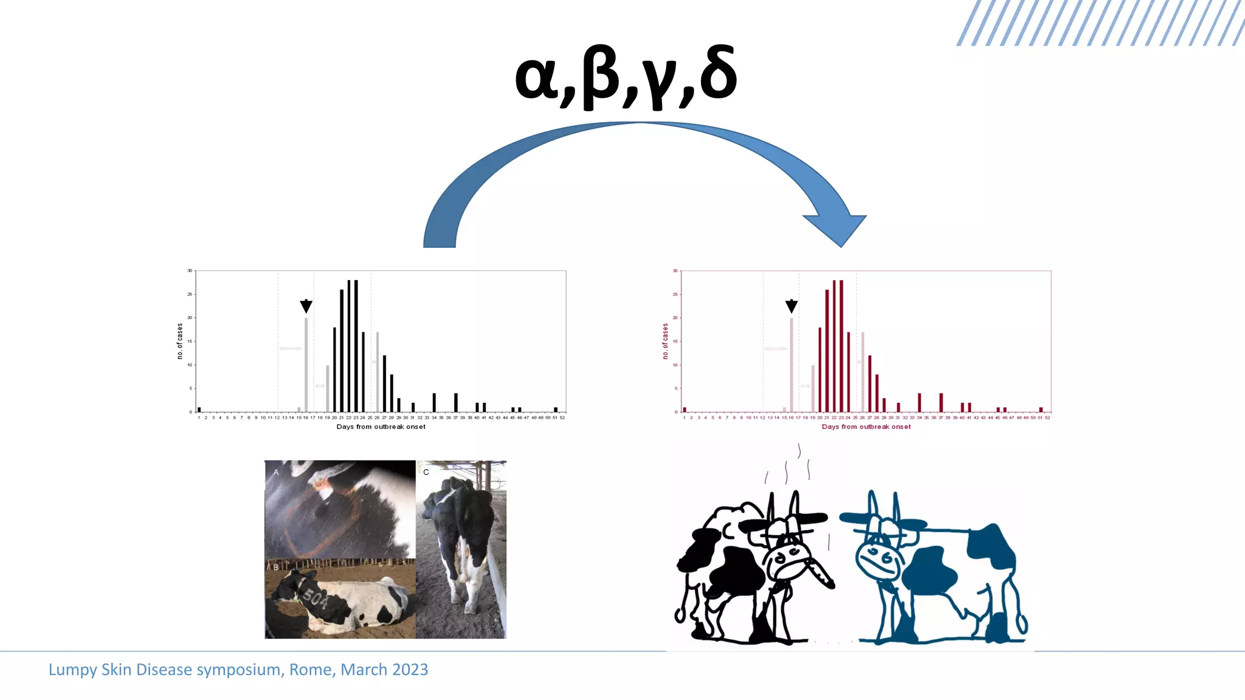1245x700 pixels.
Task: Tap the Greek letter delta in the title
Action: pyautogui.click(x=718, y=74)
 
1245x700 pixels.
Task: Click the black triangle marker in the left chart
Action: pyautogui.click(x=306, y=306)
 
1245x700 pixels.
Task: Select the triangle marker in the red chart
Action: pyautogui.click(x=791, y=306)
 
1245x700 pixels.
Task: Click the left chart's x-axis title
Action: pyautogui.click(x=381, y=427)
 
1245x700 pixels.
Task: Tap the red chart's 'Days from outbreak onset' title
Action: pyautogui.click(x=866, y=427)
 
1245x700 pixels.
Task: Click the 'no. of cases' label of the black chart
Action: pyautogui.click(x=180, y=341)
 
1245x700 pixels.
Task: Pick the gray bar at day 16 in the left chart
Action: pyautogui.click(x=306, y=365)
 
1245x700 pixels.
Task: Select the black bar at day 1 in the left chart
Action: pyautogui.click(x=199, y=410)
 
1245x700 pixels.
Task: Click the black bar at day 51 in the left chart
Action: pyautogui.click(x=556, y=410)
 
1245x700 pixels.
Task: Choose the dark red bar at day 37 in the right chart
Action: pyautogui.click(x=941, y=402)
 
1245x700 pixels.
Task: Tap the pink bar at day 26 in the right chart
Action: pyautogui.click(x=863, y=372)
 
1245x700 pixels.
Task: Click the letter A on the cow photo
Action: pyautogui.click(x=276, y=472)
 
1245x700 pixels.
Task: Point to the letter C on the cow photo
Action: pyautogui.click(x=426, y=472)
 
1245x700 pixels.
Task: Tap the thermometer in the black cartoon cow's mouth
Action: pyautogui.click(x=820, y=574)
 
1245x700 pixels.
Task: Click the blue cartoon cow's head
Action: pyautogui.click(x=879, y=550)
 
